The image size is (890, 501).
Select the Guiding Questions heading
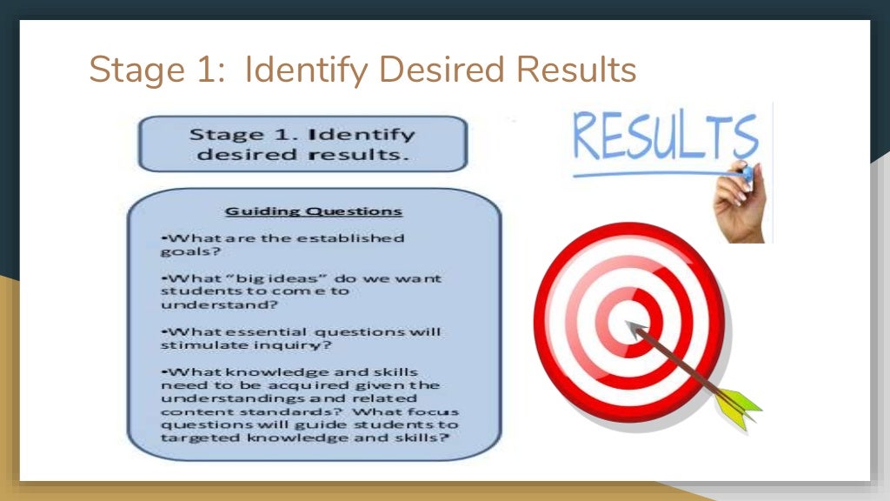pos(314,210)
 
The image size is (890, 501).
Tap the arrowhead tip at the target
pos(628,324)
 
